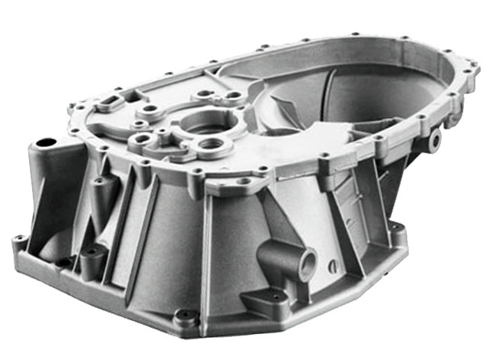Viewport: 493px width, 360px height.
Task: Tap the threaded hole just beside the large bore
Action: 215,144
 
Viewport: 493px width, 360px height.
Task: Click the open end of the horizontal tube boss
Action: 308,264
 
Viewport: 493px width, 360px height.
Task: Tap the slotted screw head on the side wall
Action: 333,266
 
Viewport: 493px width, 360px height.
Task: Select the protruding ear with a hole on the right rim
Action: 435,140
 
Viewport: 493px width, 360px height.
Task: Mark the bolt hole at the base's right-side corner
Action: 396,227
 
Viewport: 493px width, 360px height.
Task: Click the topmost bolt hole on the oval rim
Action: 354,34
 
